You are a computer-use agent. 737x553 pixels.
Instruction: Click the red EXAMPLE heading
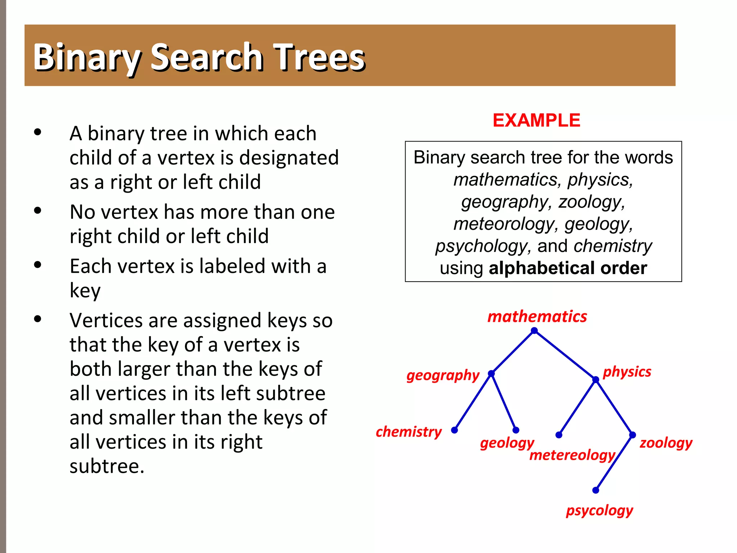[536, 120]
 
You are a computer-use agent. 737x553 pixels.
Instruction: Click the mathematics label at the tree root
[537, 316]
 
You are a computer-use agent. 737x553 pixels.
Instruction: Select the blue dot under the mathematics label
[534, 331]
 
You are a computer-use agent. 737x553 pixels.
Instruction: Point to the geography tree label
[443, 375]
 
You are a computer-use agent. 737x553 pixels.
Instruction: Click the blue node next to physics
[596, 379]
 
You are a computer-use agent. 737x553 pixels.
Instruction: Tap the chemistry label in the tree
[408, 431]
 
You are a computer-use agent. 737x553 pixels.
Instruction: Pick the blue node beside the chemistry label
[455, 430]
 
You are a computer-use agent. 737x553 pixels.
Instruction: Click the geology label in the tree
[507, 443]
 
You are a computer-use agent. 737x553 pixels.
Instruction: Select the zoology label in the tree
[666, 442]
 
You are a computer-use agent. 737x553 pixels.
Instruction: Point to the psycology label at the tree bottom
[600, 511]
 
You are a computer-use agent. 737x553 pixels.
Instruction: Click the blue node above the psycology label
[596, 490]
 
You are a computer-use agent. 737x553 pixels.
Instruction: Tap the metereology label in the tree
[572, 455]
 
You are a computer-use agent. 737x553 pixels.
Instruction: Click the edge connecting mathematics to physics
[565, 355]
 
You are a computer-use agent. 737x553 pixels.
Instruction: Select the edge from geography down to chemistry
[473, 402]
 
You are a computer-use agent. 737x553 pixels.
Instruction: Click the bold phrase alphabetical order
[568, 268]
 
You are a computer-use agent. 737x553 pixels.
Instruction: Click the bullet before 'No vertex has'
[38, 211]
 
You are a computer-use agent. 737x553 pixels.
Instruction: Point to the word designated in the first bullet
[289, 158]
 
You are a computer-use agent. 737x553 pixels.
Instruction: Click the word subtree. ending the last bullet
[107, 466]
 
